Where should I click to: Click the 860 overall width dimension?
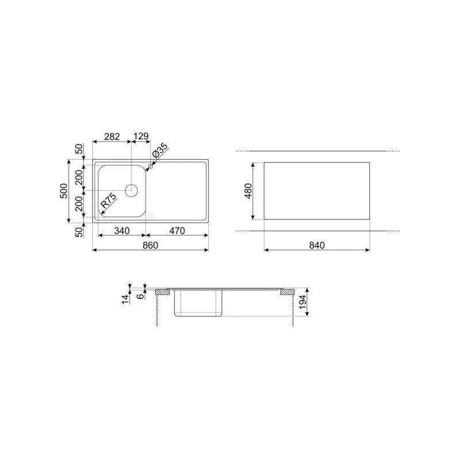(x=151, y=246)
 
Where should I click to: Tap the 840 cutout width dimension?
(x=317, y=246)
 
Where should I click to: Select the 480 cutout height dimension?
(x=248, y=191)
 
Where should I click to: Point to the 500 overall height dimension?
(x=64, y=191)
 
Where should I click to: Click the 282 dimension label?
(x=112, y=136)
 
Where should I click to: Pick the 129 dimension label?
(x=141, y=136)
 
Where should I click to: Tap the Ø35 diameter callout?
(x=160, y=151)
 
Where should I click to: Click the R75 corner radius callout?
(x=109, y=200)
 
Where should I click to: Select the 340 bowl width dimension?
(x=122, y=231)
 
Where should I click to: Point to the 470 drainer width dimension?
(x=177, y=231)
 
